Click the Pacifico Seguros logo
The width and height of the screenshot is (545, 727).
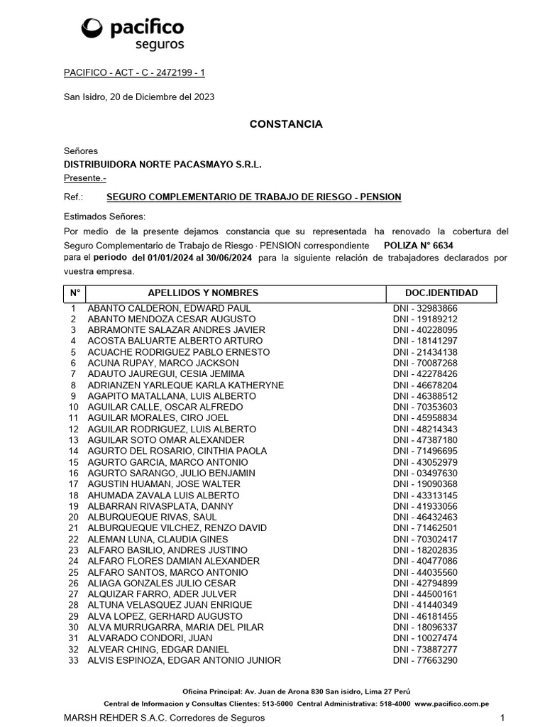[133, 33]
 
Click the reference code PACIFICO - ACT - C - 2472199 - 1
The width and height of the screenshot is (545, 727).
[134, 72]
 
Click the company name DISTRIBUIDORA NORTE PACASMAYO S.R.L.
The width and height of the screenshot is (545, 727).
[163, 164]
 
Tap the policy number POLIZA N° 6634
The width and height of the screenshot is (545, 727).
[418, 245]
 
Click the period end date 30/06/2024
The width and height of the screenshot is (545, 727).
[228, 258]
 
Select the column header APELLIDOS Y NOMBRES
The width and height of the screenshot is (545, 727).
[203, 293]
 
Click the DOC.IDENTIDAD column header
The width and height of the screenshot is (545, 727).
[441, 293]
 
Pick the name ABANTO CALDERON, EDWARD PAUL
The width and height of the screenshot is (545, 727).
[169, 308]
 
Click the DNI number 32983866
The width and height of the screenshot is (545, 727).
[425, 308]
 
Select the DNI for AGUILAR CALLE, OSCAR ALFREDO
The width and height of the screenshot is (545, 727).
[425, 407]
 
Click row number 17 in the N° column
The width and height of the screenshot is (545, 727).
[73, 483]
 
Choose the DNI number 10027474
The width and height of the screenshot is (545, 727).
[425, 638]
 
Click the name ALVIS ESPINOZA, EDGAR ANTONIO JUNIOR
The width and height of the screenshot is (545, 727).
[184, 660]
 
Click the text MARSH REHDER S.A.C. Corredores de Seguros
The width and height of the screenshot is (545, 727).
[165, 718]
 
